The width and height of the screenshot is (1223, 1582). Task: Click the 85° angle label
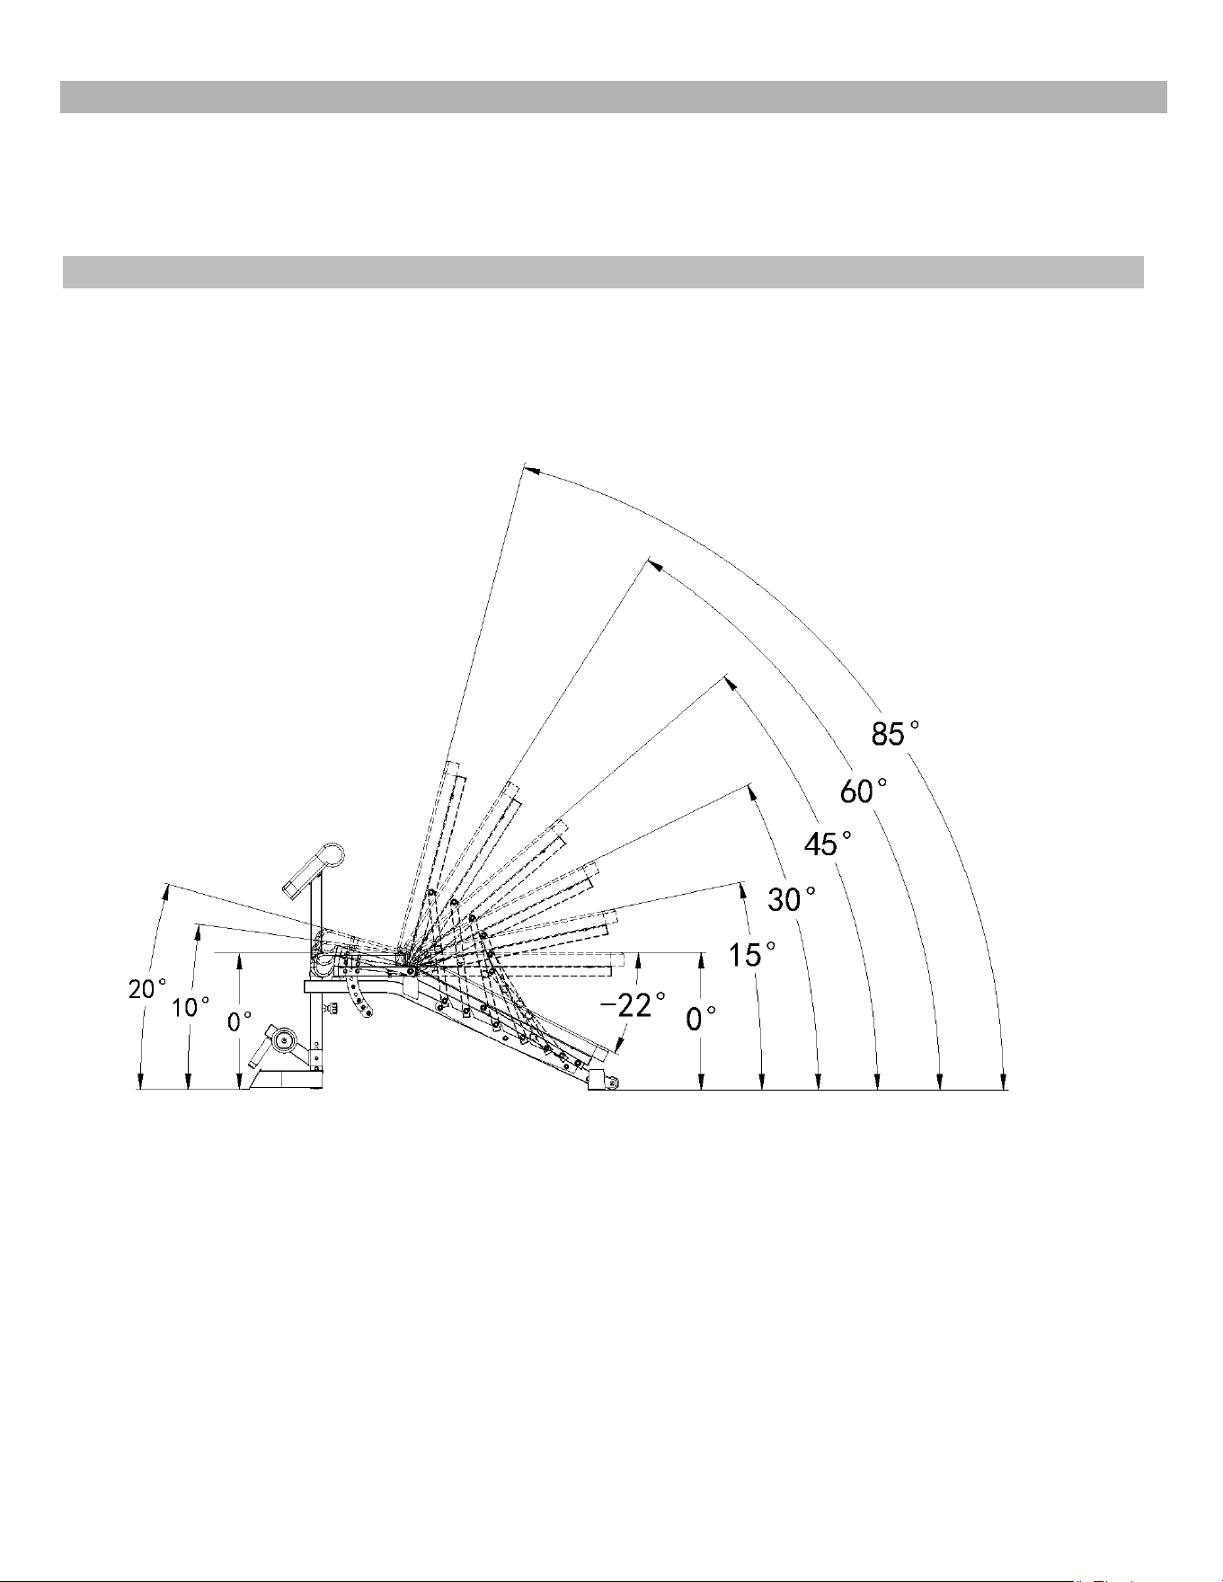pyautogui.click(x=896, y=734)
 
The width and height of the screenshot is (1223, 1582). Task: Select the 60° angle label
pyautogui.click(x=864, y=791)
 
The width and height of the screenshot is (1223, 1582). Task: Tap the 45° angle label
pyautogui.click(x=827, y=844)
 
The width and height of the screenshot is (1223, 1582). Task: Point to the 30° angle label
pyautogui.click(x=792, y=897)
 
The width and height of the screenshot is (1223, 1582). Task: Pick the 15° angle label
pyautogui.click(x=752, y=954)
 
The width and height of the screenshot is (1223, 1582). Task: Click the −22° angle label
pyautogui.click(x=633, y=1003)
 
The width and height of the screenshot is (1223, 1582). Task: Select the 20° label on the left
pyautogui.click(x=147, y=989)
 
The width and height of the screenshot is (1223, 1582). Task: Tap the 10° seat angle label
pyautogui.click(x=191, y=1007)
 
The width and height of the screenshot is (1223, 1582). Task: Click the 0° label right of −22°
pyautogui.click(x=702, y=1019)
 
